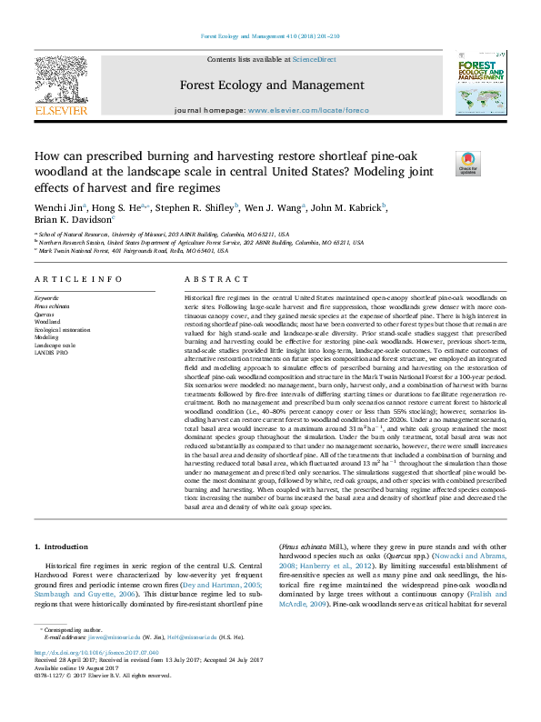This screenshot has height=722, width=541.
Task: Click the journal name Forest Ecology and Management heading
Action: [271, 86]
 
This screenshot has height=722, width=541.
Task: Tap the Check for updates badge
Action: [467, 163]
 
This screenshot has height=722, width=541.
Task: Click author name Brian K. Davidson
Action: [73, 220]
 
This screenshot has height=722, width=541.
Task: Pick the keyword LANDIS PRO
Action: [52, 352]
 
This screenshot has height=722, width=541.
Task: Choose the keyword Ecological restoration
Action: [63, 329]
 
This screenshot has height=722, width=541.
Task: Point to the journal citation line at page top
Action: [270, 36]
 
